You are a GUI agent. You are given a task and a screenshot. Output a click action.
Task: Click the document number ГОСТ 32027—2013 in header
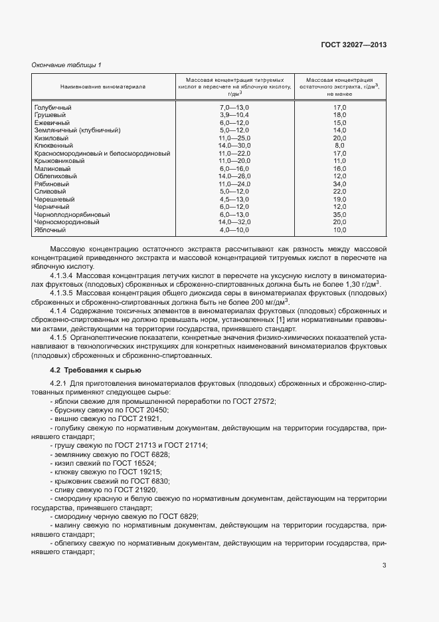[355, 45]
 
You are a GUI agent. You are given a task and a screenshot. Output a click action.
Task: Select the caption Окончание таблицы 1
[66, 64]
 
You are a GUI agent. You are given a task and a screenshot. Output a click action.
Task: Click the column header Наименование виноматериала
[103, 86]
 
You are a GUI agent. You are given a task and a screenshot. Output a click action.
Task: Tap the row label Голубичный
[52, 107]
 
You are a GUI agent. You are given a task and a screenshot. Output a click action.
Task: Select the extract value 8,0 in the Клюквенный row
[339, 145]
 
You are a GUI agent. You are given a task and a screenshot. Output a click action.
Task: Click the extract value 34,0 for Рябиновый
[339, 184]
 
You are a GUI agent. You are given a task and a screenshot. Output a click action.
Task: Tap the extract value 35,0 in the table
[339, 215]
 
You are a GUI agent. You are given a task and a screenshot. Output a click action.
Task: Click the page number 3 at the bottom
[385, 566]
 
